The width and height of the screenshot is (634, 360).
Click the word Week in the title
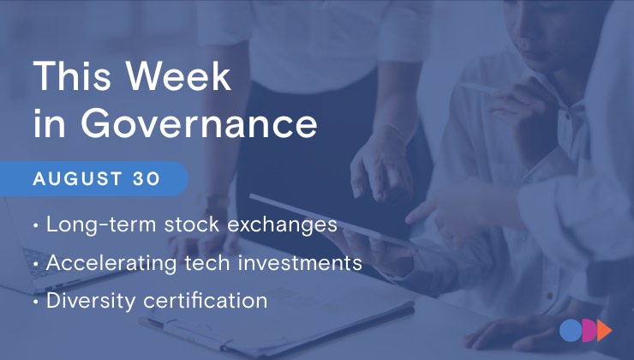tap(178, 75)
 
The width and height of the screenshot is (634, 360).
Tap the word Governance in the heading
tap(199, 124)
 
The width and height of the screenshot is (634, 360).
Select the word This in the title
tap(72, 75)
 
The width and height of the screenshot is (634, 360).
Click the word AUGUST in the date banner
tap(78, 179)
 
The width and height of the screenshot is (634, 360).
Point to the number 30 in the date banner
tap(147, 179)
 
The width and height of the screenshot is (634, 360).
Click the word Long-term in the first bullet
tap(101, 225)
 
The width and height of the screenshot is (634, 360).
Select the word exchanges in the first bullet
tap(282, 225)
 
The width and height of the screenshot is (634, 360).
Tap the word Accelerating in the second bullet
tap(111, 264)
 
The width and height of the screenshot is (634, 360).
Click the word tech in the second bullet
tap(207, 263)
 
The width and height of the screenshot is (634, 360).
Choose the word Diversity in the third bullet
tap(91, 302)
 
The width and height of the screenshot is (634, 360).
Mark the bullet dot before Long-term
tap(36, 225)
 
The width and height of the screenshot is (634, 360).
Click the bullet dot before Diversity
tap(36, 302)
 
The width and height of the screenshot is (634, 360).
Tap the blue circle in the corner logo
tap(570, 331)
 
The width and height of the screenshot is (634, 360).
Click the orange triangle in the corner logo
tap(604, 331)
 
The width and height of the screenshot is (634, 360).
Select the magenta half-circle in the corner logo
tap(589, 331)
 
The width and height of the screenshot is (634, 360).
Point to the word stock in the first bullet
tap(192, 224)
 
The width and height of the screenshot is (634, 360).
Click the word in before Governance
tap(49, 124)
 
